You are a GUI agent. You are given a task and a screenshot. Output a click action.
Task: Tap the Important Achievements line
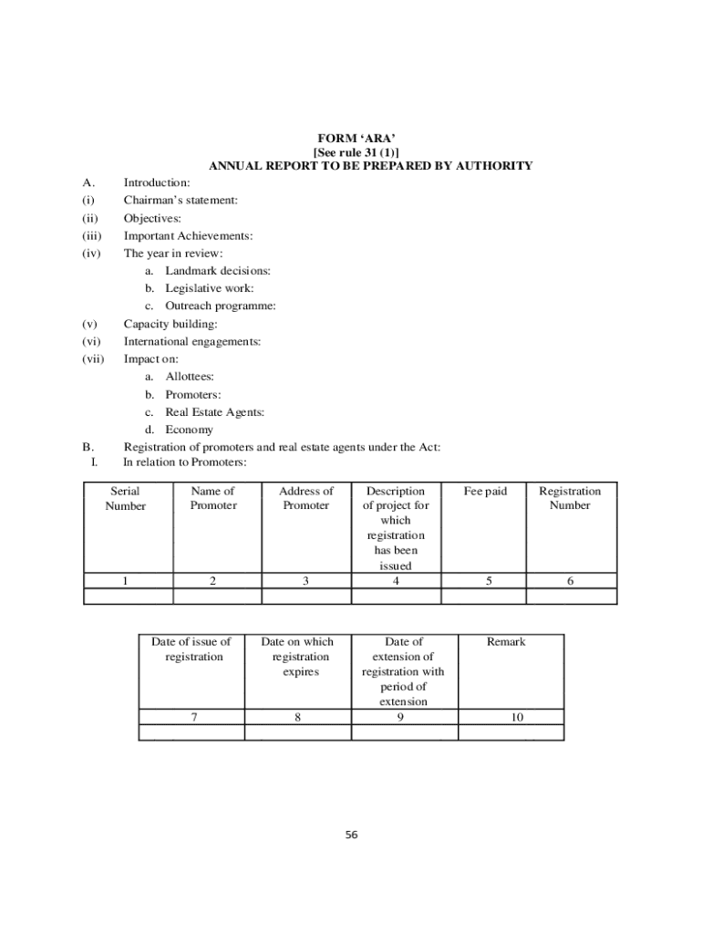(188, 235)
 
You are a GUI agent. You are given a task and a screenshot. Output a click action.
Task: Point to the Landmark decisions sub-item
(217, 271)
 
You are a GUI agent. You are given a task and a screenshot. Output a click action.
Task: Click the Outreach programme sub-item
(220, 306)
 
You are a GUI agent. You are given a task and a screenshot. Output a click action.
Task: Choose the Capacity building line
(170, 324)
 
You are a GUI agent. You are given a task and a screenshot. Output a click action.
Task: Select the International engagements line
(192, 341)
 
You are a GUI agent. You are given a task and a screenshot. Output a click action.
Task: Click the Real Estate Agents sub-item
(214, 412)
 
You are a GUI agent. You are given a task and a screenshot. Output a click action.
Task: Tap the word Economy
(189, 430)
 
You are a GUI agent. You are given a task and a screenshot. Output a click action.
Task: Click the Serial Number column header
(126, 498)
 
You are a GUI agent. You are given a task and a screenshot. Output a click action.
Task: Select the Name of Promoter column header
(213, 498)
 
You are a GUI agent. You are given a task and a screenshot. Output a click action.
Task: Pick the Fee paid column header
(485, 492)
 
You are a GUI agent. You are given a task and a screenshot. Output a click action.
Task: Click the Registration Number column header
(570, 498)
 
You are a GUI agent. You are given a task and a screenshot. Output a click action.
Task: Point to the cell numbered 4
(396, 580)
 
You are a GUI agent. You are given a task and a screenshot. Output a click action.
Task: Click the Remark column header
(506, 642)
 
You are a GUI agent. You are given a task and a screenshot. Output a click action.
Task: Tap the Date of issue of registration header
(191, 649)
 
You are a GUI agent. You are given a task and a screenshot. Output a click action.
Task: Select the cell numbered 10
(517, 717)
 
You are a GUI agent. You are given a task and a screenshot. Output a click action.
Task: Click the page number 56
(352, 835)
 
